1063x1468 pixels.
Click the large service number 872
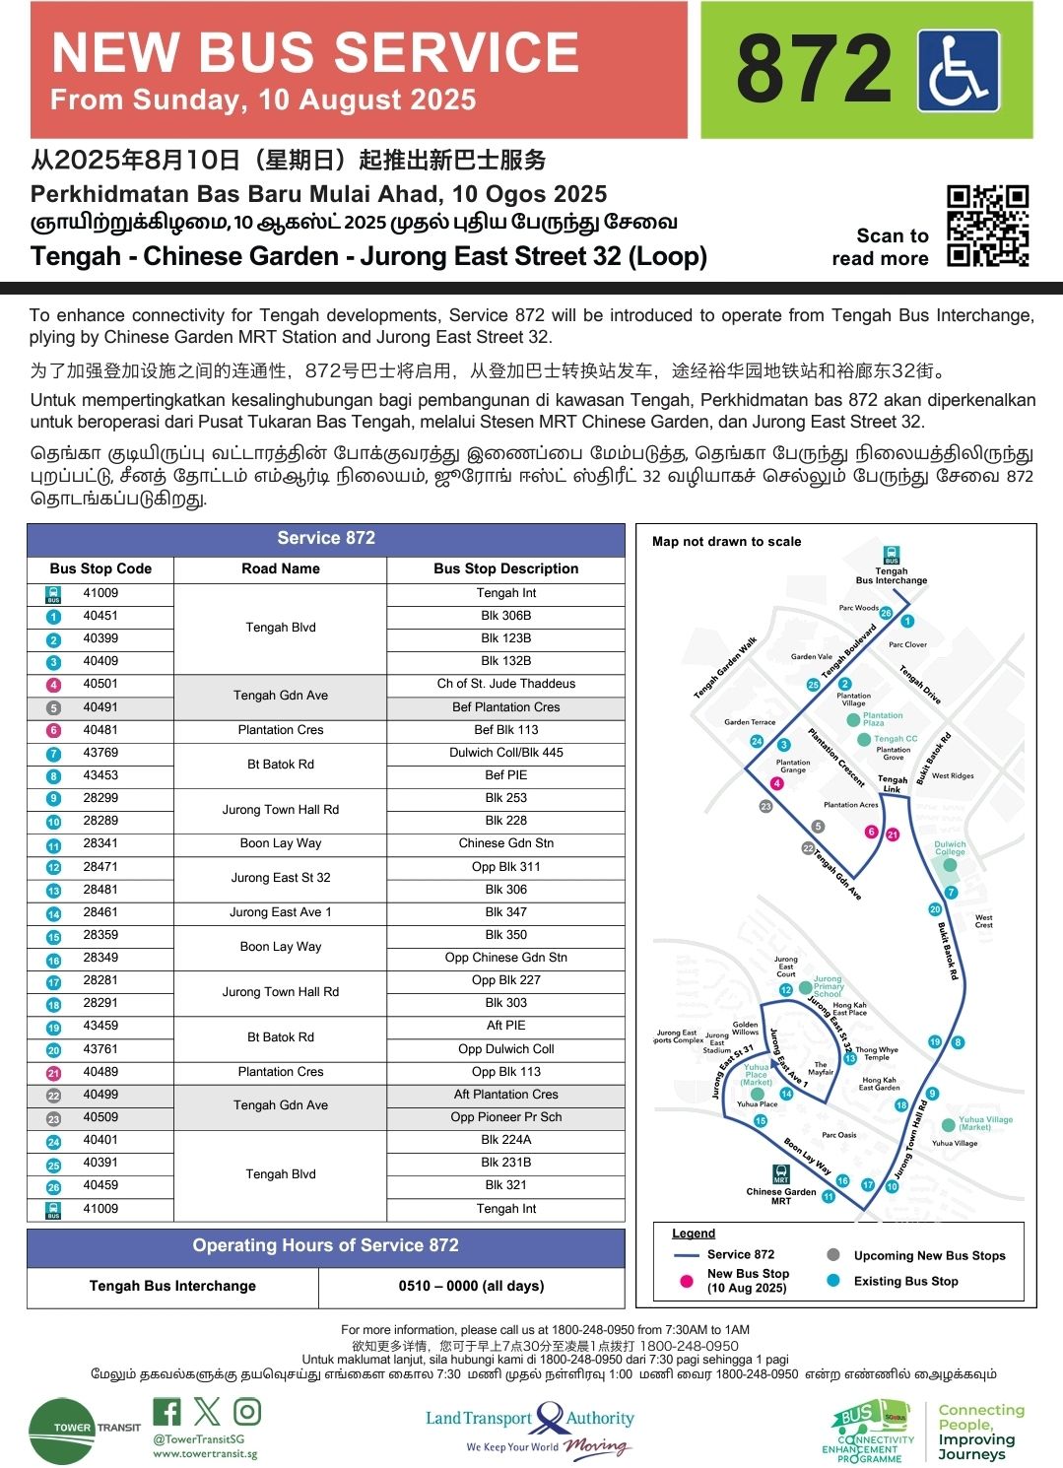813,69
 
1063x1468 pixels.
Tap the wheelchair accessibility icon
958,71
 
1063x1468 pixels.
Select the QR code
987,226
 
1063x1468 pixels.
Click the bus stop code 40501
100,684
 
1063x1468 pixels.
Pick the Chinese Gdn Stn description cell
505,843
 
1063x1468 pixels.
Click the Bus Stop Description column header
505,568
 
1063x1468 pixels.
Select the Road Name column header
281,568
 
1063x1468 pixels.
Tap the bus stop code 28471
100,866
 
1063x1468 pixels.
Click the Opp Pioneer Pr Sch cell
505,1117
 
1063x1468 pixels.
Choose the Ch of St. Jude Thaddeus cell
505,684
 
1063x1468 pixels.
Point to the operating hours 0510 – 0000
471,1286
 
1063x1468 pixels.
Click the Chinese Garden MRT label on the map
781,1196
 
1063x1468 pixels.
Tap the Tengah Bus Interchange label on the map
892,575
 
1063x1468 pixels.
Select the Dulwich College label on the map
950,848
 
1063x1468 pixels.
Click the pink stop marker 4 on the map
776,784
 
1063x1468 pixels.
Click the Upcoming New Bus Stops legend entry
929,1255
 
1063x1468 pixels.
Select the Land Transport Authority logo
530,1430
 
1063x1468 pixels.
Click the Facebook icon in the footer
166,1412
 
